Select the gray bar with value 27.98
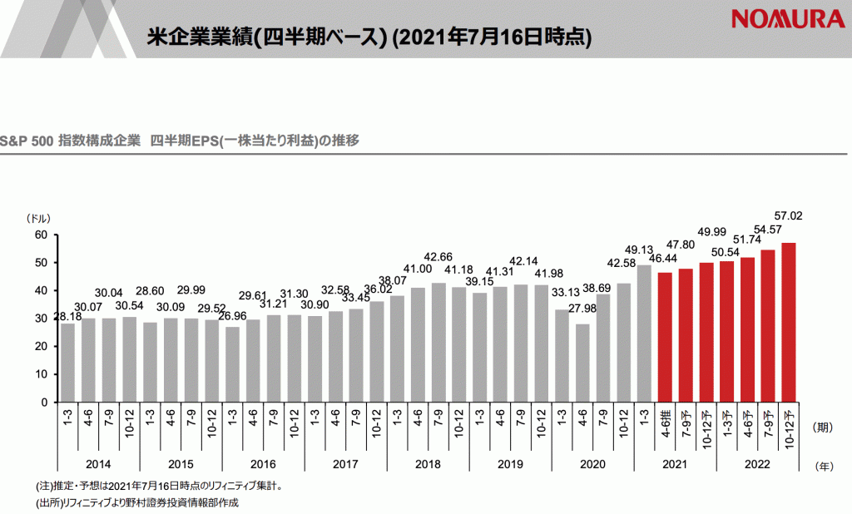(x=582, y=363)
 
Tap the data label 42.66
(x=438, y=256)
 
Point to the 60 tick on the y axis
(x=38, y=235)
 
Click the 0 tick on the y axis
(x=44, y=402)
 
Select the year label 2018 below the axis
(x=428, y=464)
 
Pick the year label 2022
(x=756, y=464)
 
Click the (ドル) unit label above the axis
(x=38, y=218)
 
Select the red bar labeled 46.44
(x=665, y=337)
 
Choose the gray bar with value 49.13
(x=644, y=334)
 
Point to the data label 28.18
(x=68, y=316)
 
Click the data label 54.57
(x=768, y=229)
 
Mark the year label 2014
(x=99, y=464)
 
